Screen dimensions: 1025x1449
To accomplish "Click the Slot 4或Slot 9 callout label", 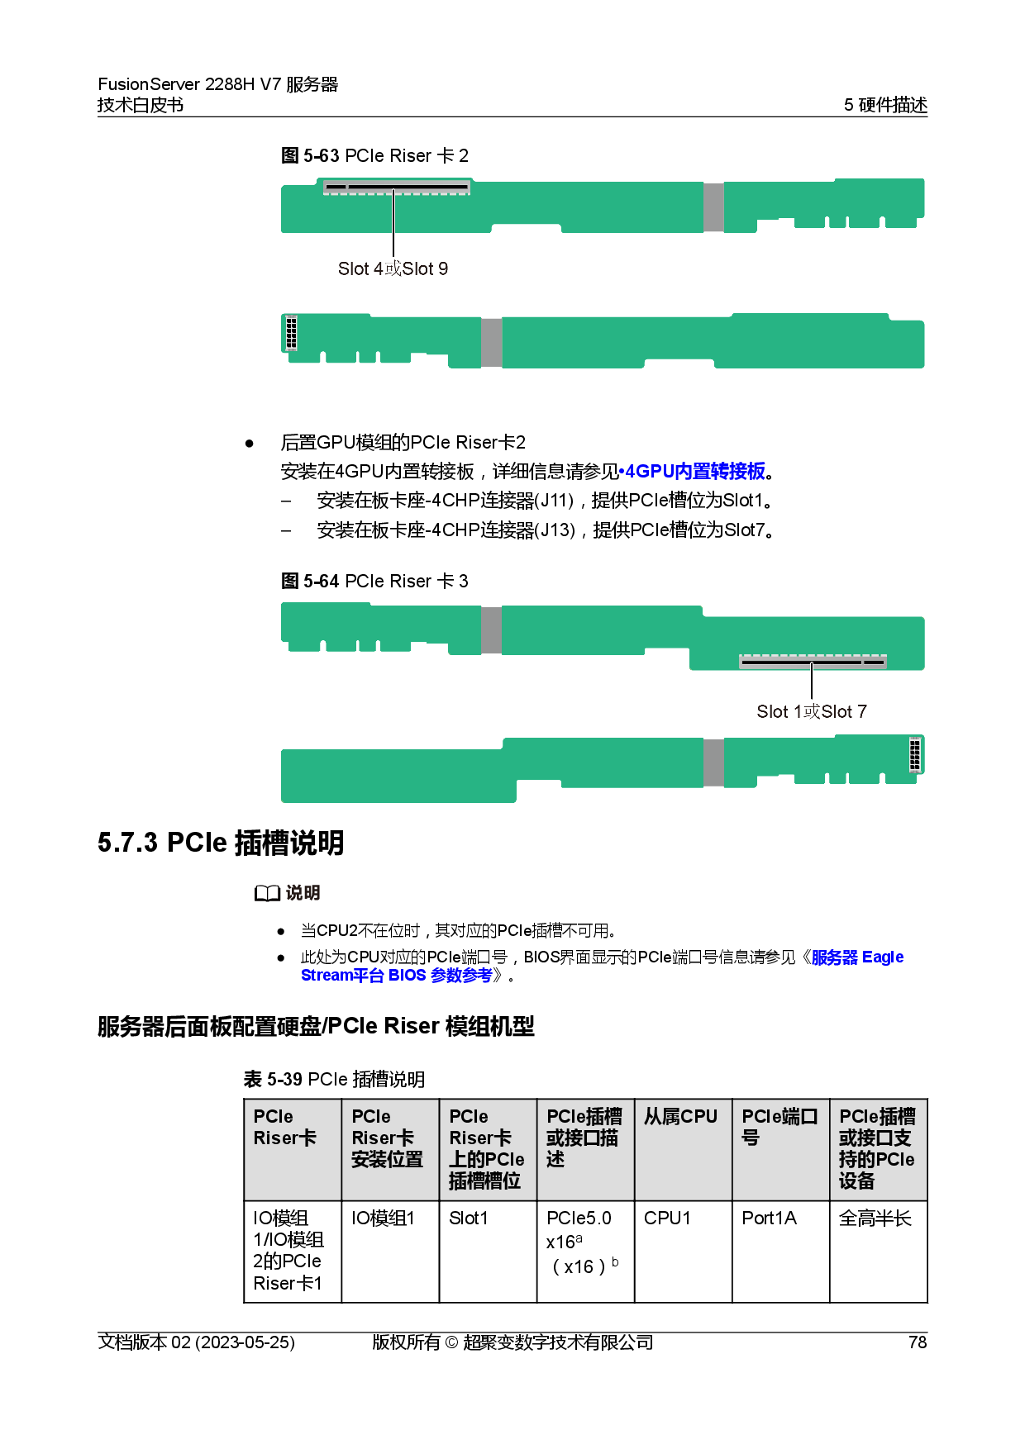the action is (x=393, y=268).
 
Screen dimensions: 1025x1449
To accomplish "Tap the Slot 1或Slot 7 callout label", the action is (x=812, y=711).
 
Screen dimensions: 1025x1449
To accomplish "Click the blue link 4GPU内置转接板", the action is (x=695, y=471).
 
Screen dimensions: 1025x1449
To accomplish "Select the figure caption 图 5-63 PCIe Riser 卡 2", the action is (x=374, y=155).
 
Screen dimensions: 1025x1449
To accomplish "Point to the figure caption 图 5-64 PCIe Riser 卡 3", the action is (x=374, y=581).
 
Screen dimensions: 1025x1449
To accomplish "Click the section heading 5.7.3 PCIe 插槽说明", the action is (x=221, y=843).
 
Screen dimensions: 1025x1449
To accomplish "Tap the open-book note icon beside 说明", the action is (x=267, y=893).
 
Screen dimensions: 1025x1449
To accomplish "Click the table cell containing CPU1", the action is (x=683, y=1252).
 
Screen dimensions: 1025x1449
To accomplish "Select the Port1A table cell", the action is (x=780, y=1252).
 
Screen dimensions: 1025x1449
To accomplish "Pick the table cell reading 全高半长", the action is (x=879, y=1252).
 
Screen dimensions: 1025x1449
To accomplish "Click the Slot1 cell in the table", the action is (x=488, y=1252).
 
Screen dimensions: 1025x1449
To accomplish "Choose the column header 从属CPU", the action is (x=683, y=1149).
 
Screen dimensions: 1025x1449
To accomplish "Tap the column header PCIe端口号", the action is (x=780, y=1149).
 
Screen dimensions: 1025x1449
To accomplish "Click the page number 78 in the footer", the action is (x=918, y=1342).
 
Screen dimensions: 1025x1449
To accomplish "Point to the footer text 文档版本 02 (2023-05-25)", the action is (x=196, y=1342).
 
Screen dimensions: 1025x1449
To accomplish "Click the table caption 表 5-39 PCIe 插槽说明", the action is (x=334, y=1079).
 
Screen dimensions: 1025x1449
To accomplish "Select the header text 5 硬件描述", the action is (x=885, y=105).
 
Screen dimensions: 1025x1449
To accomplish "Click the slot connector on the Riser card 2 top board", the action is (x=397, y=187).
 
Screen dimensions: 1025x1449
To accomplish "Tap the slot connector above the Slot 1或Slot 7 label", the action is (x=813, y=661).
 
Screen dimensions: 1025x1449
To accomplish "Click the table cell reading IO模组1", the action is (x=390, y=1252).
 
